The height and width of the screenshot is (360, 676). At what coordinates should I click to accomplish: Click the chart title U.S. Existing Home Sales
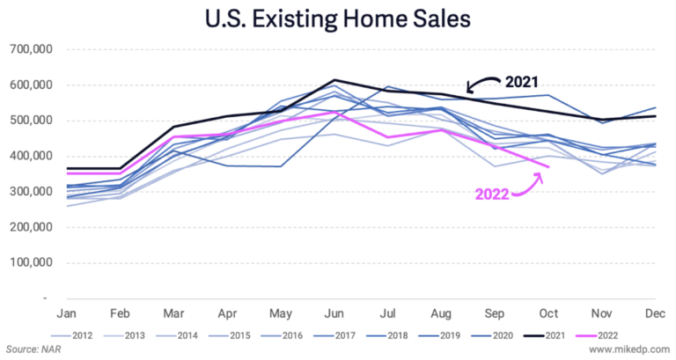point(338,17)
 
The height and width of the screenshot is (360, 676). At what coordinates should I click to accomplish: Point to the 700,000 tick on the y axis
point(32,50)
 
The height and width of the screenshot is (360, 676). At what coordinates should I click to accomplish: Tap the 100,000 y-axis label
point(32,262)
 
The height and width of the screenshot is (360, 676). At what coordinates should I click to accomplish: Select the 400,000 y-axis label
point(32,157)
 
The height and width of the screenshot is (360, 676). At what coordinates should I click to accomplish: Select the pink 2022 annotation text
point(493,193)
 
